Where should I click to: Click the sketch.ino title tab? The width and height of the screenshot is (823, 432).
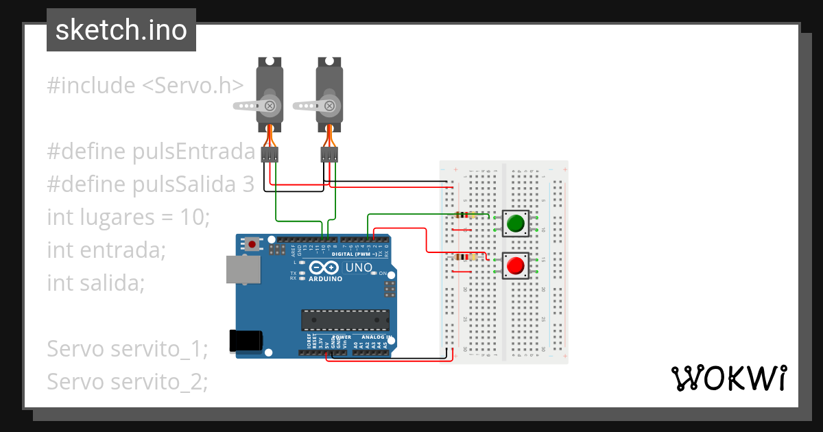[121, 30]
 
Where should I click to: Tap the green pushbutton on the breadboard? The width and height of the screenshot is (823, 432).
[515, 224]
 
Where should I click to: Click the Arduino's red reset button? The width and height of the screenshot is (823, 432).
[253, 243]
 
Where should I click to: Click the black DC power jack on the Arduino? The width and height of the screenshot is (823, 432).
[246, 341]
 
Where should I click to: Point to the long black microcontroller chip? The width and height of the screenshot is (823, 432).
[345, 320]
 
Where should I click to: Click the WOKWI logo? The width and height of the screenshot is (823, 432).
[728, 378]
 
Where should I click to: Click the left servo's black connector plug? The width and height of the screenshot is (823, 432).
[270, 154]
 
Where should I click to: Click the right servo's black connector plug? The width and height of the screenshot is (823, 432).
[329, 154]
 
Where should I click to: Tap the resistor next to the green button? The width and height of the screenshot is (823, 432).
[465, 215]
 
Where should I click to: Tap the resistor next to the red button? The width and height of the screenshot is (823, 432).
[465, 257]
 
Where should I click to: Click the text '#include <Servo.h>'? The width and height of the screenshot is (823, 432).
[145, 86]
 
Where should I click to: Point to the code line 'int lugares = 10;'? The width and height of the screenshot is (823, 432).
[128, 217]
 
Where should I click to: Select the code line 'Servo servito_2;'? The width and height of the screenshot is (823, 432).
[127, 382]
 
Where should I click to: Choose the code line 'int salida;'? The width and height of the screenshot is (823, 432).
[96, 283]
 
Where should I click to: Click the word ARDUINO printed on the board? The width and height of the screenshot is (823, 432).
[326, 279]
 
